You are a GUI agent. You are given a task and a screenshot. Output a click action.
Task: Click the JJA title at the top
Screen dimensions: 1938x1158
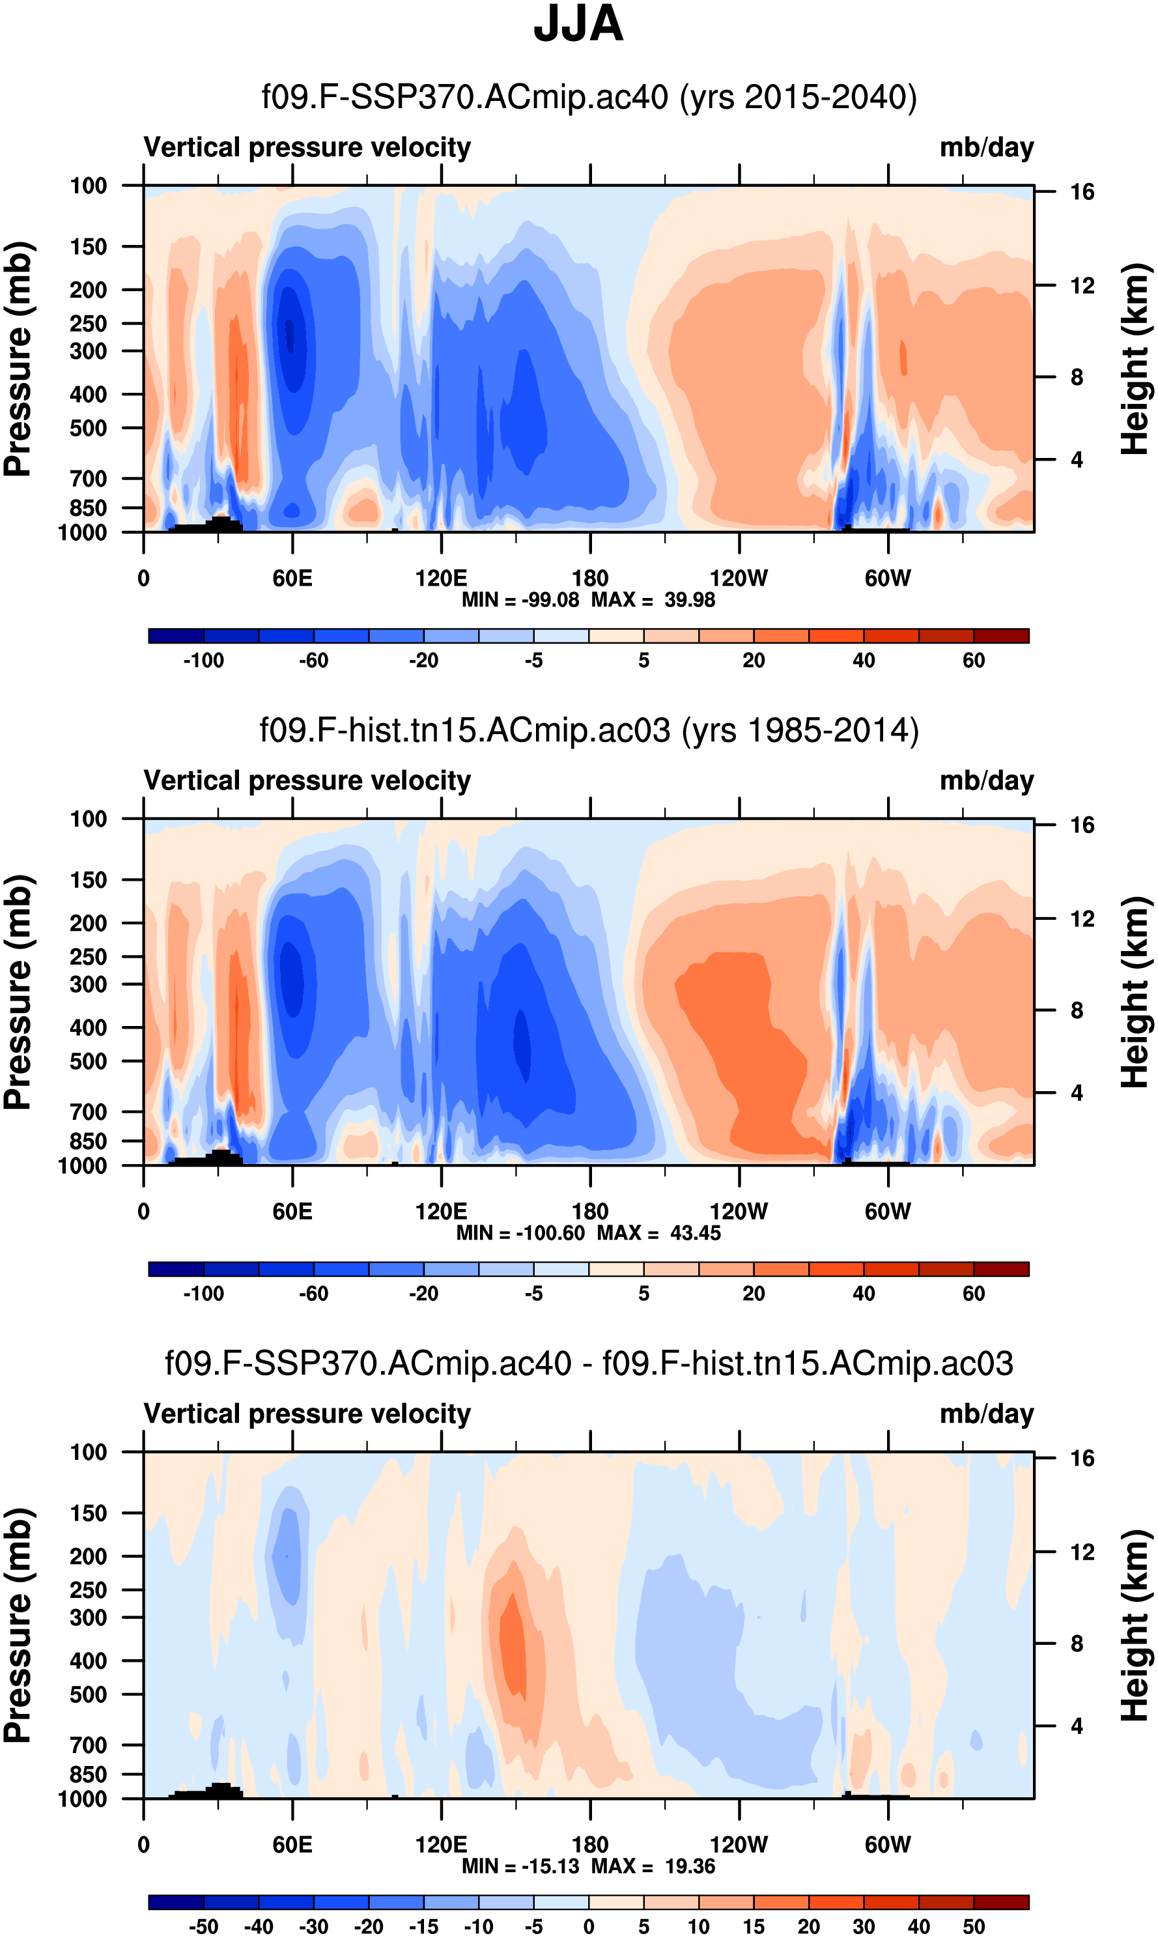578,25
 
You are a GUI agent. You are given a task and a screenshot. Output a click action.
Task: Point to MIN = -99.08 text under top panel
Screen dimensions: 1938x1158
520,599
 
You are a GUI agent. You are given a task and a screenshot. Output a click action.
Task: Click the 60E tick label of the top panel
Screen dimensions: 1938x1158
292,578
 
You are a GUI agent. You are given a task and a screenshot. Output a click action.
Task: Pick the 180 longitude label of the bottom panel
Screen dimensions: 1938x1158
590,1844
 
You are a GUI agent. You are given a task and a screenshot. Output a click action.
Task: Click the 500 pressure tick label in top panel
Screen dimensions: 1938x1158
88,429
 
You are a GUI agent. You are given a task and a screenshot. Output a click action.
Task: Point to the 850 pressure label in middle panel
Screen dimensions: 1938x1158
88,1141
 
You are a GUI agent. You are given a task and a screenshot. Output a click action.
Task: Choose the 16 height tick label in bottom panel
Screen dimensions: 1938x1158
1082,1458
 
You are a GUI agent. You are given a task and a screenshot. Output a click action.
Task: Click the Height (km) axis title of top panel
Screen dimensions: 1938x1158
1135,359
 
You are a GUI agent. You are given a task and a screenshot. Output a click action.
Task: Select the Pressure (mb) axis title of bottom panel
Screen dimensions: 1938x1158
17,1625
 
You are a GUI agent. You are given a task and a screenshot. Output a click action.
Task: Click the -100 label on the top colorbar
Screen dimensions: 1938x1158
204,661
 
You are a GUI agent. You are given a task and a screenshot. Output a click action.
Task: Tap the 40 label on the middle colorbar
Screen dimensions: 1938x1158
863,1293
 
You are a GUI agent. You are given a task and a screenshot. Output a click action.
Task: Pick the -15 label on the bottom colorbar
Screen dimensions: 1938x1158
424,1926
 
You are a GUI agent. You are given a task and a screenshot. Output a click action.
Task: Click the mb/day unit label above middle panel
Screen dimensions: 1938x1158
986,780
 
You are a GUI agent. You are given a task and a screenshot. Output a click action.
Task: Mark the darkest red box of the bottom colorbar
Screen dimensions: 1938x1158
1001,1902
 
